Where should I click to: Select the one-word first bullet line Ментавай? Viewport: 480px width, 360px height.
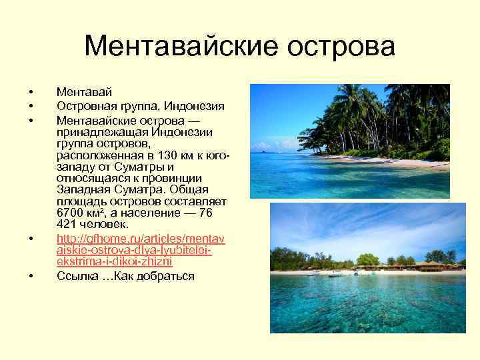pos(84,91)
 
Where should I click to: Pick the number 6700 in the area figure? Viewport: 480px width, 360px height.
pos(71,213)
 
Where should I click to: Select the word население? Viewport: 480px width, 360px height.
pos(162,213)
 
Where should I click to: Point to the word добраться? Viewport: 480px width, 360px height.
pos(166,276)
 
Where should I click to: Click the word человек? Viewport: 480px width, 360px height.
pos(107,225)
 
